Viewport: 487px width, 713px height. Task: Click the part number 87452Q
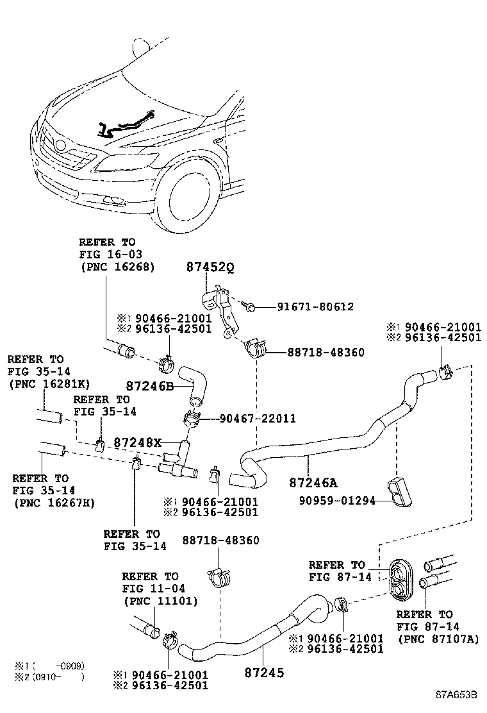pos(210,267)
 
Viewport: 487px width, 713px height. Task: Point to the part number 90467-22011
pos(257,419)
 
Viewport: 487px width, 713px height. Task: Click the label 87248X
pos(138,442)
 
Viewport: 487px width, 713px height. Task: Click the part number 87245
pos(264,673)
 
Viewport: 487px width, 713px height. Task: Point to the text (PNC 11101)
pos(160,601)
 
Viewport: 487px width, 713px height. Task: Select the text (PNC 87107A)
pos(438,639)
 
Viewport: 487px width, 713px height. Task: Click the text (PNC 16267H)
pos(54,503)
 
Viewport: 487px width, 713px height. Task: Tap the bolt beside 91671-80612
pos(251,306)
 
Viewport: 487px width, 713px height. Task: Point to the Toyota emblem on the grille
pos(61,146)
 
